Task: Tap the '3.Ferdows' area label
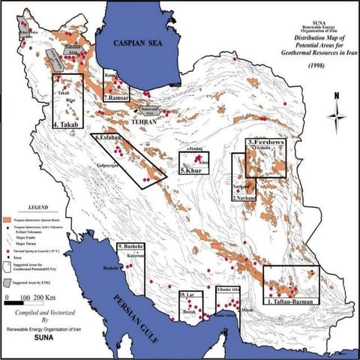[x=268, y=142]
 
